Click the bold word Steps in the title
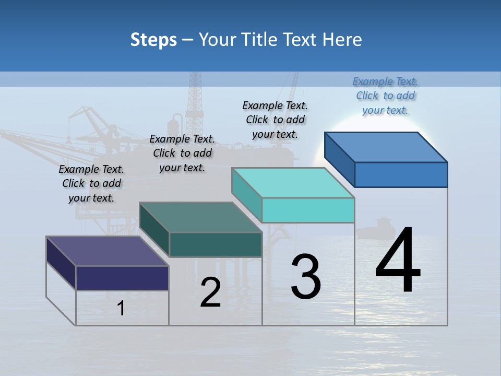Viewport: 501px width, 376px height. pyautogui.click(x=153, y=40)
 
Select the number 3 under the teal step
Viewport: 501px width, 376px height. pyautogui.click(x=306, y=276)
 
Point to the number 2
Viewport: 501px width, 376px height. pyautogui.click(x=210, y=292)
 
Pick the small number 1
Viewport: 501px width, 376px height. pyautogui.click(x=121, y=309)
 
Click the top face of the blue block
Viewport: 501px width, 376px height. pyautogui.click(x=385, y=147)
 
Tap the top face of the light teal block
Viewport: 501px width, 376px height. pyautogui.click(x=292, y=182)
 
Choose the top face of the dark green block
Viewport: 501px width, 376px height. pyautogui.click(x=200, y=217)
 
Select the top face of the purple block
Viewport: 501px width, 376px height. pyautogui.click(x=107, y=251)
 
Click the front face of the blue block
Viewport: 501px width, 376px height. pyautogui.click(x=401, y=174)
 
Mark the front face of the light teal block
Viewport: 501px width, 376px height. pyautogui.click(x=308, y=210)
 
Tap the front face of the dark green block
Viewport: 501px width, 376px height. pyautogui.click(x=216, y=244)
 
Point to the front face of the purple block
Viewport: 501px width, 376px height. pyautogui.click(x=122, y=278)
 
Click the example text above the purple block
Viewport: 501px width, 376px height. pyautogui.click(x=91, y=183)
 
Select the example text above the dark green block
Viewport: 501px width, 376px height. pyautogui.click(x=182, y=153)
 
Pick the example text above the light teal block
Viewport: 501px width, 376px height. pyautogui.click(x=275, y=120)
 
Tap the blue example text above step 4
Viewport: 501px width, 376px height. pyautogui.click(x=385, y=96)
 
